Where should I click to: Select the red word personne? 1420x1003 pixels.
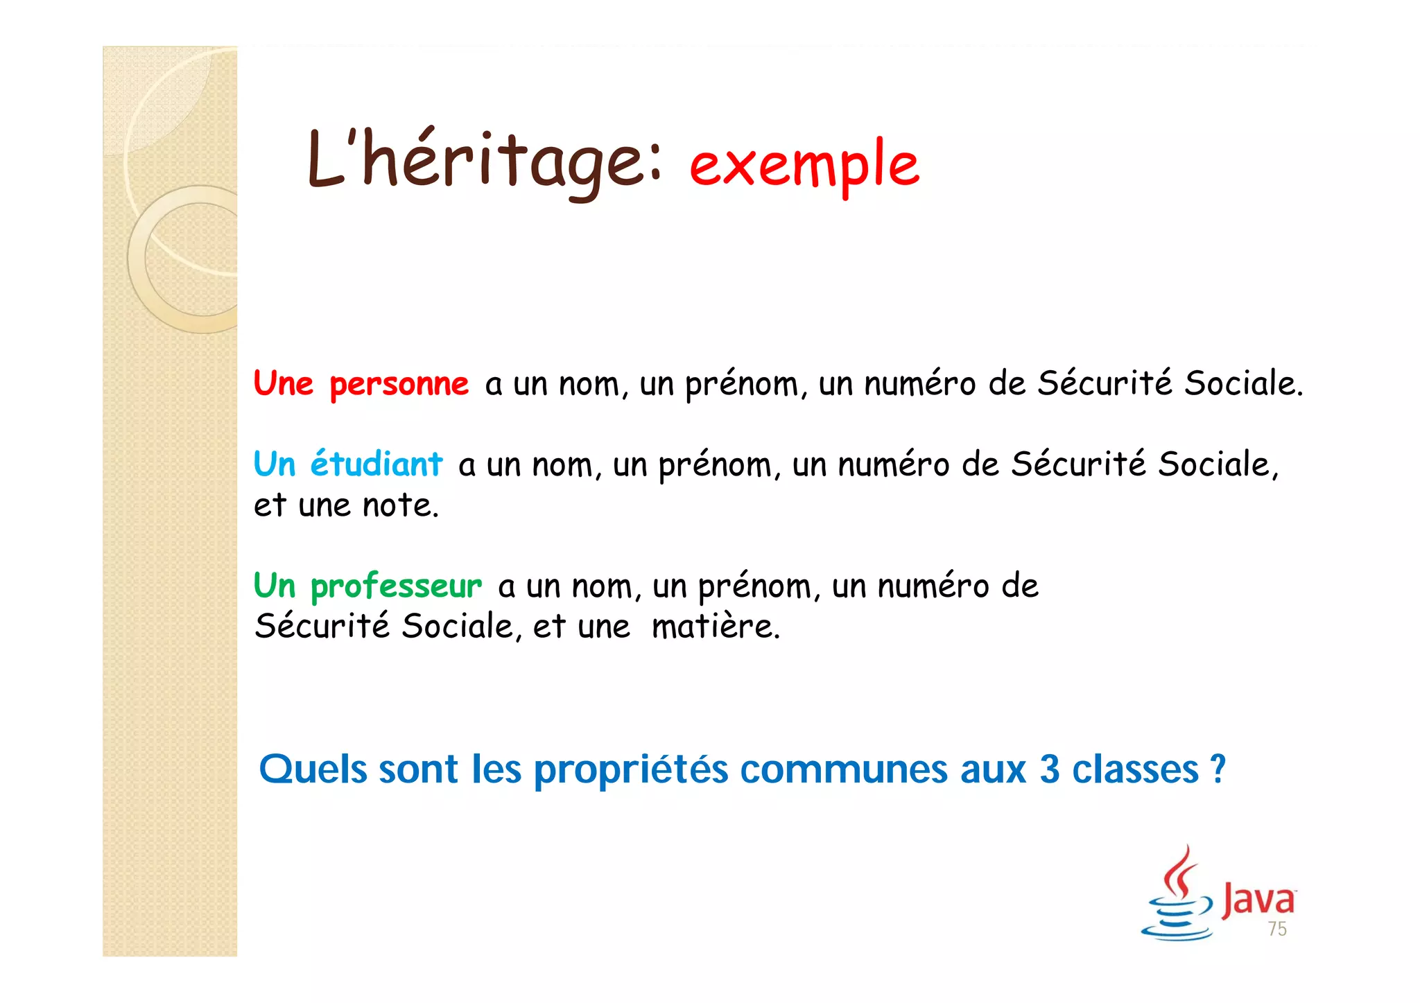(399, 383)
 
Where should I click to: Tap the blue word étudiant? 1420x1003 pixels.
(376, 463)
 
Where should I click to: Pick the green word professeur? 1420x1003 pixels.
(396, 586)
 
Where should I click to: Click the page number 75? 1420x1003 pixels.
(1277, 929)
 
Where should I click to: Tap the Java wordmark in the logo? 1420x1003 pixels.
(1258, 899)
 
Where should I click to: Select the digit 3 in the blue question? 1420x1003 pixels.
(1049, 769)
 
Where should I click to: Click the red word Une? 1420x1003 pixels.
(283, 383)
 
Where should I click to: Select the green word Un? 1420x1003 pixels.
(275, 586)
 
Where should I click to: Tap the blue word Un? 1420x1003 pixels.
(275, 463)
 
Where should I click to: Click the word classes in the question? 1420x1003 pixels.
(1135, 769)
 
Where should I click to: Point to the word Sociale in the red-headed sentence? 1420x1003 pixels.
(1242, 383)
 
